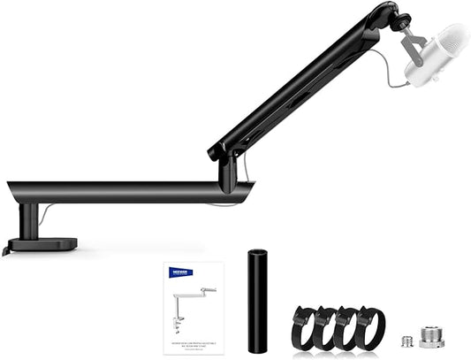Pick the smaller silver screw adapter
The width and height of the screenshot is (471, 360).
(x=406, y=340)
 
